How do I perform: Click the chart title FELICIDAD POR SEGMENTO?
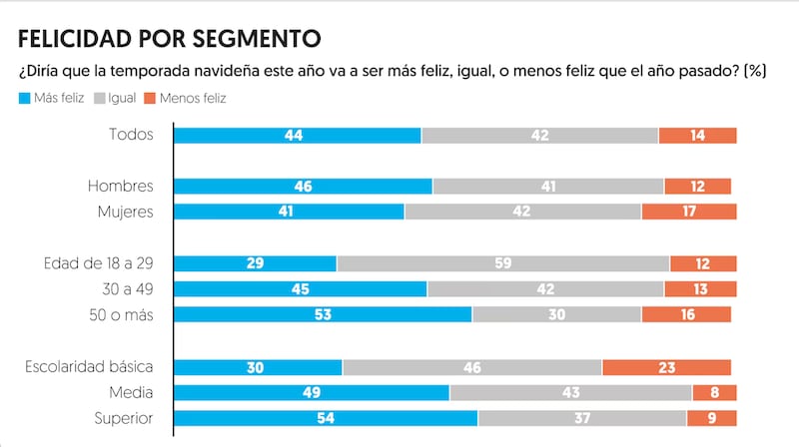[169, 39]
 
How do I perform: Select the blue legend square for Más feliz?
[24, 99]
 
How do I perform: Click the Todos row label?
[132, 135]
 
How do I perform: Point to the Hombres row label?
[120, 186]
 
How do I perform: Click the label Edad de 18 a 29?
[98, 262]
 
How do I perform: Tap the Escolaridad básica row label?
[89, 366]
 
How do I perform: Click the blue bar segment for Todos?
[298, 135]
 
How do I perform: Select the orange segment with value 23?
[666, 367]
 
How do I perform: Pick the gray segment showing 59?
[503, 263]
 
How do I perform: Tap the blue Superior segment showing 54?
[326, 419]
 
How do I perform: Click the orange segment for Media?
[714, 393]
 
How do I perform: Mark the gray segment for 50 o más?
[556, 315]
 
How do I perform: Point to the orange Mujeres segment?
[689, 212]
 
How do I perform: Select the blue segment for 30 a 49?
[301, 289]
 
